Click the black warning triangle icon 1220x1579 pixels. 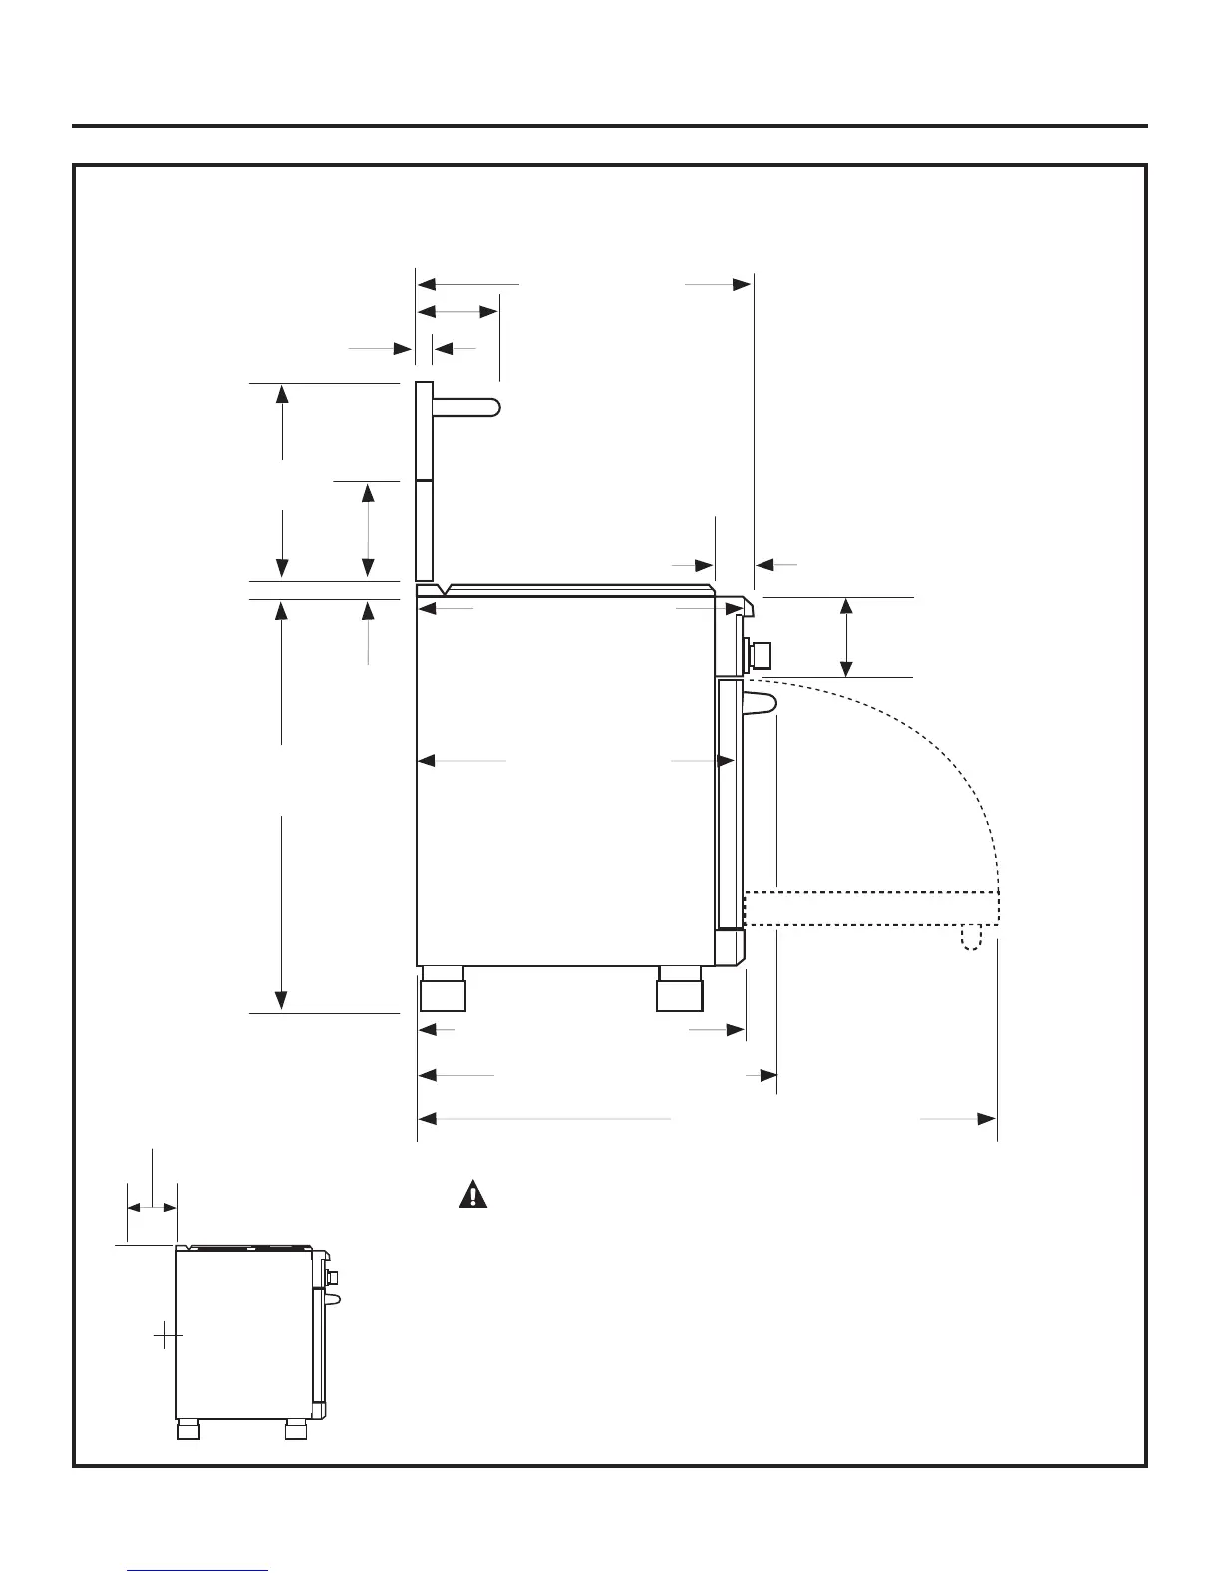pos(473,1194)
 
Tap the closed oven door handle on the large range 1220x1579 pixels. pos(760,702)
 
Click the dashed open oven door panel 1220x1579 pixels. pos(871,908)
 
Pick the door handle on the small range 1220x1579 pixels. pos(334,1297)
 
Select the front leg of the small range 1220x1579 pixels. pos(295,1430)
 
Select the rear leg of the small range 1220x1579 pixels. pos(188,1430)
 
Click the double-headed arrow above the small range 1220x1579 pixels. pos(152,1207)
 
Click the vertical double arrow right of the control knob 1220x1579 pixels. pos(846,637)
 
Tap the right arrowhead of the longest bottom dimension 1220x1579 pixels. pos(986,1119)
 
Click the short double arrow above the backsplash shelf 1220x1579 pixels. pos(457,312)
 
